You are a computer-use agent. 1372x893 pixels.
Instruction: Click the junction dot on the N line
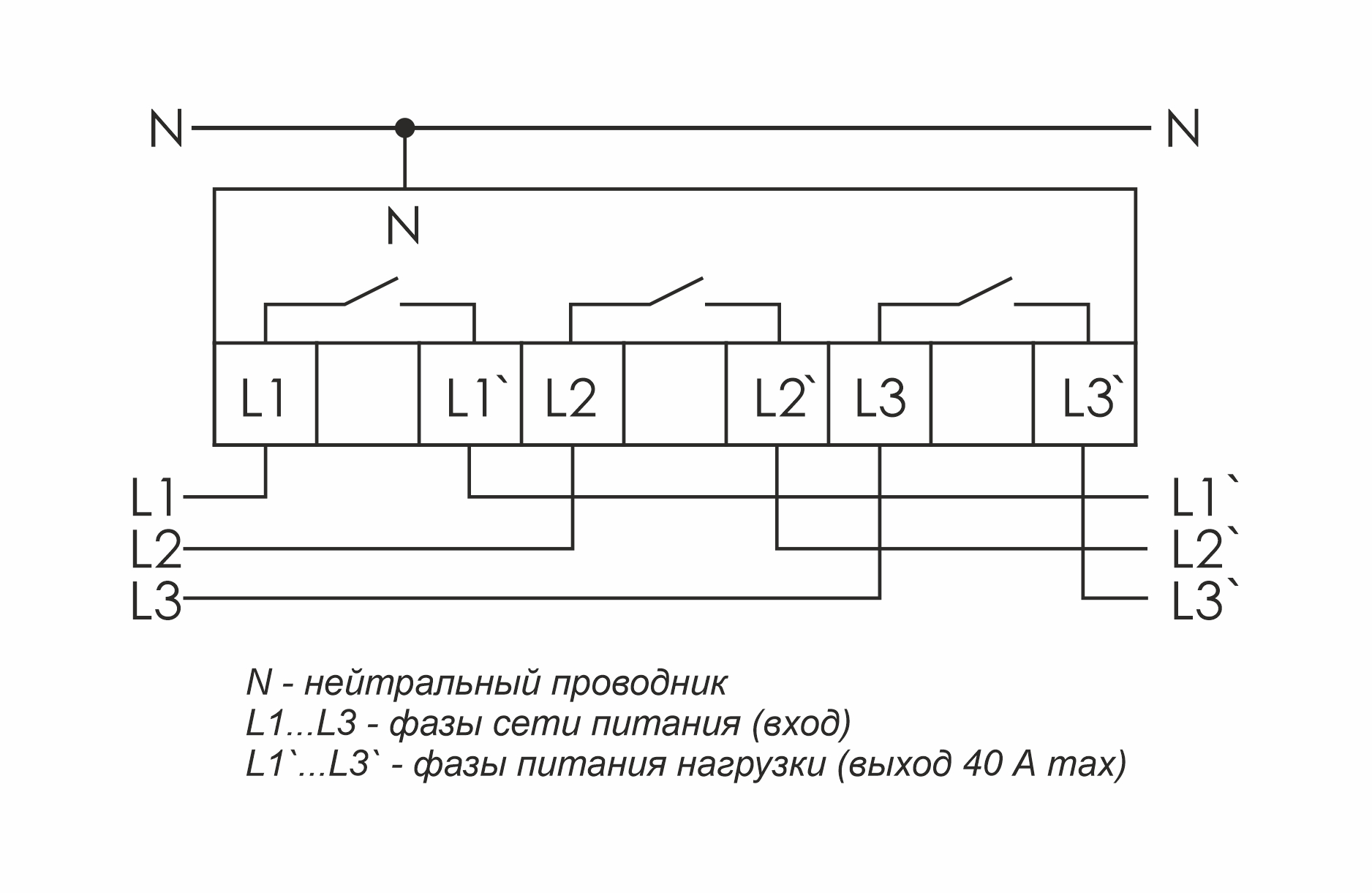pos(404,129)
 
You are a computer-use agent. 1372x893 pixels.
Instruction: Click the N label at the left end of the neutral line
pos(166,129)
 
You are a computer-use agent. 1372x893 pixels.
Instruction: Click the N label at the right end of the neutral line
pos(1183,129)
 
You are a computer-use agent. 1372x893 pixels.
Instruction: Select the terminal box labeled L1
pos(265,395)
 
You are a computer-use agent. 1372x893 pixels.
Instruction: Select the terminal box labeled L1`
pos(470,395)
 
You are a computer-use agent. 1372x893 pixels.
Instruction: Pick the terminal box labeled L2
pos(572,395)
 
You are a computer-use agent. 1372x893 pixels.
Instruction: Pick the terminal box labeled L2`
pos(777,395)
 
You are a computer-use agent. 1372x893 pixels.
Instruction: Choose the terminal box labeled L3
pos(880,395)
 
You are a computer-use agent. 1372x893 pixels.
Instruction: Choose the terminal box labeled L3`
pos(1085,395)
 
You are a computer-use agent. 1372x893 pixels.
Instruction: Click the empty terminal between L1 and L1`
pos(368,395)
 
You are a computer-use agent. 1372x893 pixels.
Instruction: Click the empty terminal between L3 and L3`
pos(982,395)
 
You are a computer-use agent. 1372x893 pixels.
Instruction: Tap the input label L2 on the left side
pos(156,549)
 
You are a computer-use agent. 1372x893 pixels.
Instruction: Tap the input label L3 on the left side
pos(156,600)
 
